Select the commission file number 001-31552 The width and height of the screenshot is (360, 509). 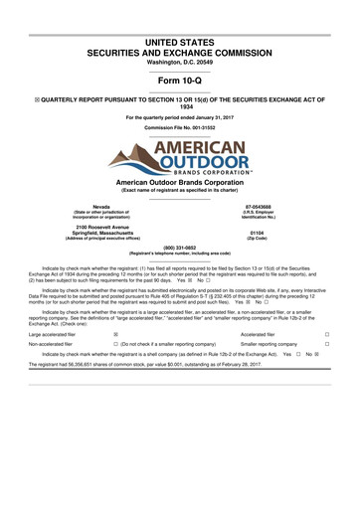click(180, 129)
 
